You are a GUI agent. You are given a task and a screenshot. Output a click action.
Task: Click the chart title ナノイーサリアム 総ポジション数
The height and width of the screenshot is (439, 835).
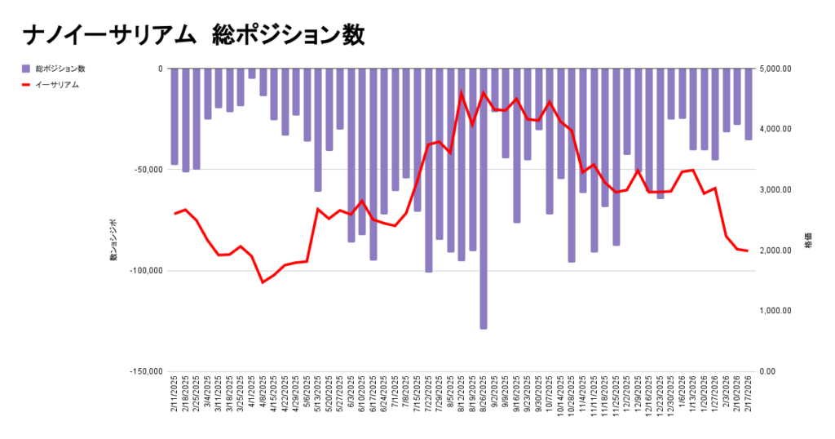pos(193,35)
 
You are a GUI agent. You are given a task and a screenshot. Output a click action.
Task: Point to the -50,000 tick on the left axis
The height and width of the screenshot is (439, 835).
pos(148,170)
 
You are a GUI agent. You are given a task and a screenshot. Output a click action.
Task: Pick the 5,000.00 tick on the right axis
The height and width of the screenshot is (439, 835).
pos(775,69)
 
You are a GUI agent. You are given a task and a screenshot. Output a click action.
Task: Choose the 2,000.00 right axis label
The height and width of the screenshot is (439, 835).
pos(775,251)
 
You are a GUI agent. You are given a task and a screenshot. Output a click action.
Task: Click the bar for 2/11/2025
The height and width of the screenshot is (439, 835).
pos(175,117)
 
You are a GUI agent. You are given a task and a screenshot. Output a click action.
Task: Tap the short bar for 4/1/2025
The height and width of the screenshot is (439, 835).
pos(252,73)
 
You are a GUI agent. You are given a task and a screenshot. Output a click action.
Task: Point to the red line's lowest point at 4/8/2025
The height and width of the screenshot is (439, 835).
pos(263,282)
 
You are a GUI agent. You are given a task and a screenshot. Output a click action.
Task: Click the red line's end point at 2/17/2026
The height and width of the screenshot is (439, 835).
pos(748,251)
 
